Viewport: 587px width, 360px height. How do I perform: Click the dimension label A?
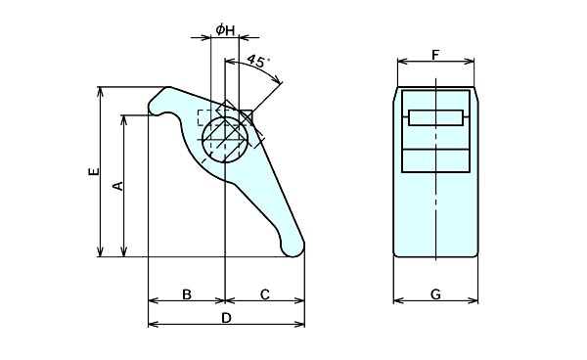[x=118, y=186]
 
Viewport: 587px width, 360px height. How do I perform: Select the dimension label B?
[x=187, y=294]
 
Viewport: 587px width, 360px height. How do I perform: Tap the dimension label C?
[x=265, y=294]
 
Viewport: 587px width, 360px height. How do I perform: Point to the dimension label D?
[x=226, y=318]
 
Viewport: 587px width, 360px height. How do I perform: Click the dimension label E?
[x=94, y=171]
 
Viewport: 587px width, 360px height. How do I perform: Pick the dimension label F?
[x=435, y=55]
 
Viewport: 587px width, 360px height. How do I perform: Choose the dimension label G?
[x=435, y=294]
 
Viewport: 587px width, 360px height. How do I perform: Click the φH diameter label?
[x=225, y=29]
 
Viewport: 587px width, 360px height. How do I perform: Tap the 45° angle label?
[x=258, y=61]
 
